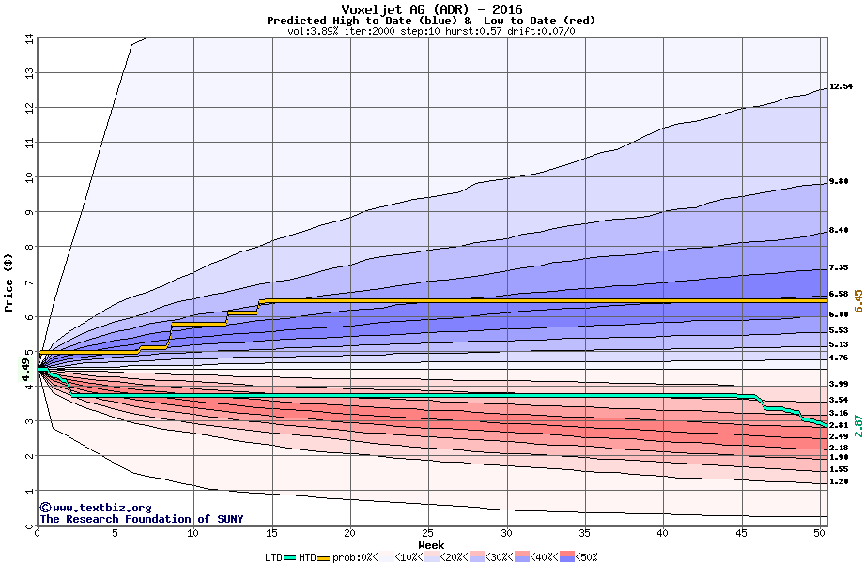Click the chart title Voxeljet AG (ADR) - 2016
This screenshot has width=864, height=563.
click(431, 9)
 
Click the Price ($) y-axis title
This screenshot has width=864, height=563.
click(8, 281)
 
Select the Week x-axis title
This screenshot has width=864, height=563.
click(431, 545)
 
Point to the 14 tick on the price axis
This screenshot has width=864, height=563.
click(28, 38)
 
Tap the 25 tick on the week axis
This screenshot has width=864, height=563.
click(428, 533)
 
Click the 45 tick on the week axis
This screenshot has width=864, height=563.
click(741, 533)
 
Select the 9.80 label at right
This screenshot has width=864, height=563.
click(840, 182)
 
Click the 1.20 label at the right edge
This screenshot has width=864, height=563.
click(840, 481)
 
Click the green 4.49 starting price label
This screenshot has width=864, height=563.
click(26, 370)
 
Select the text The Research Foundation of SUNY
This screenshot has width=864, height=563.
click(141, 519)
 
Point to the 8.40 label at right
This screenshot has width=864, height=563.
click(840, 230)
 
